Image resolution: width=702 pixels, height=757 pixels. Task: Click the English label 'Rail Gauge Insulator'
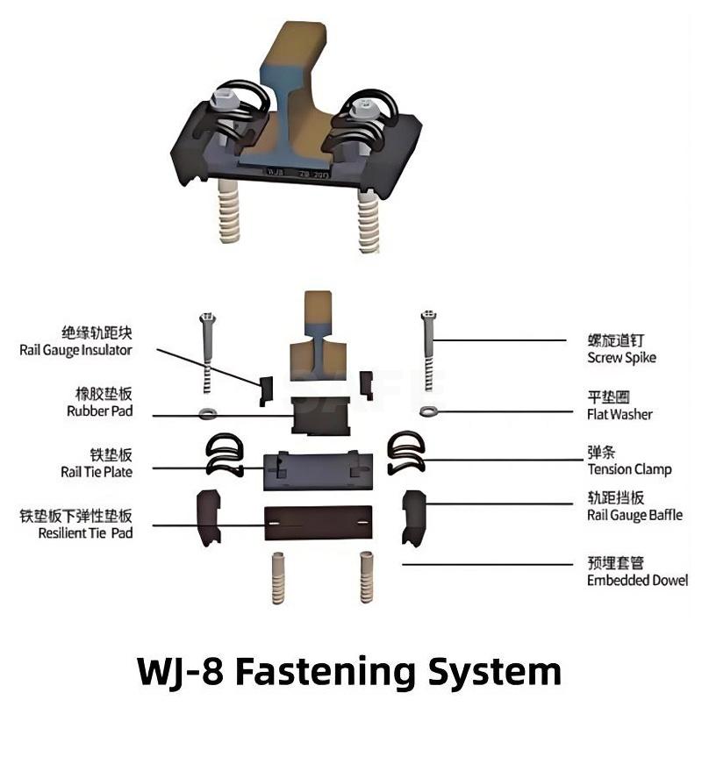click(x=75, y=350)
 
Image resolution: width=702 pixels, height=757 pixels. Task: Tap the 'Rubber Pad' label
click(x=99, y=411)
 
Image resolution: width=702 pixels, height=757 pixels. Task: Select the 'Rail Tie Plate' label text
click(x=97, y=472)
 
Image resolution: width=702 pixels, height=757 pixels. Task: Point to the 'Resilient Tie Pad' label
click(x=86, y=532)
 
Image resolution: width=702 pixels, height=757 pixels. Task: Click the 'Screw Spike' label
click(x=621, y=357)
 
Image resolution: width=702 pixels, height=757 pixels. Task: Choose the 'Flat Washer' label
click(x=620, y=414)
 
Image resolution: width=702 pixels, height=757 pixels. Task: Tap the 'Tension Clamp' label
click(x=629, y=469)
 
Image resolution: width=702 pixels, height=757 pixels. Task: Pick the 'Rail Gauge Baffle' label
click(x=634, y=516)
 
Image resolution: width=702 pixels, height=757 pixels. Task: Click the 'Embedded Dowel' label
click(x=637, y=580)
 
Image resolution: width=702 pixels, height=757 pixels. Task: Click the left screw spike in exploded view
click(x=208, y=351)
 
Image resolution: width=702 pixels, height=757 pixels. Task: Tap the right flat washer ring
click(x=429, y=411)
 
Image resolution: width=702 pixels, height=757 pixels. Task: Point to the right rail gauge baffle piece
click(x=412, y=516)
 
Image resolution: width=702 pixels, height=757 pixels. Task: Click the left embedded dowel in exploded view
click(x=279, y=576)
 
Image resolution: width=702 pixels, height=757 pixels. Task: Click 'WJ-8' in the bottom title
click(x=181, y=672)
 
